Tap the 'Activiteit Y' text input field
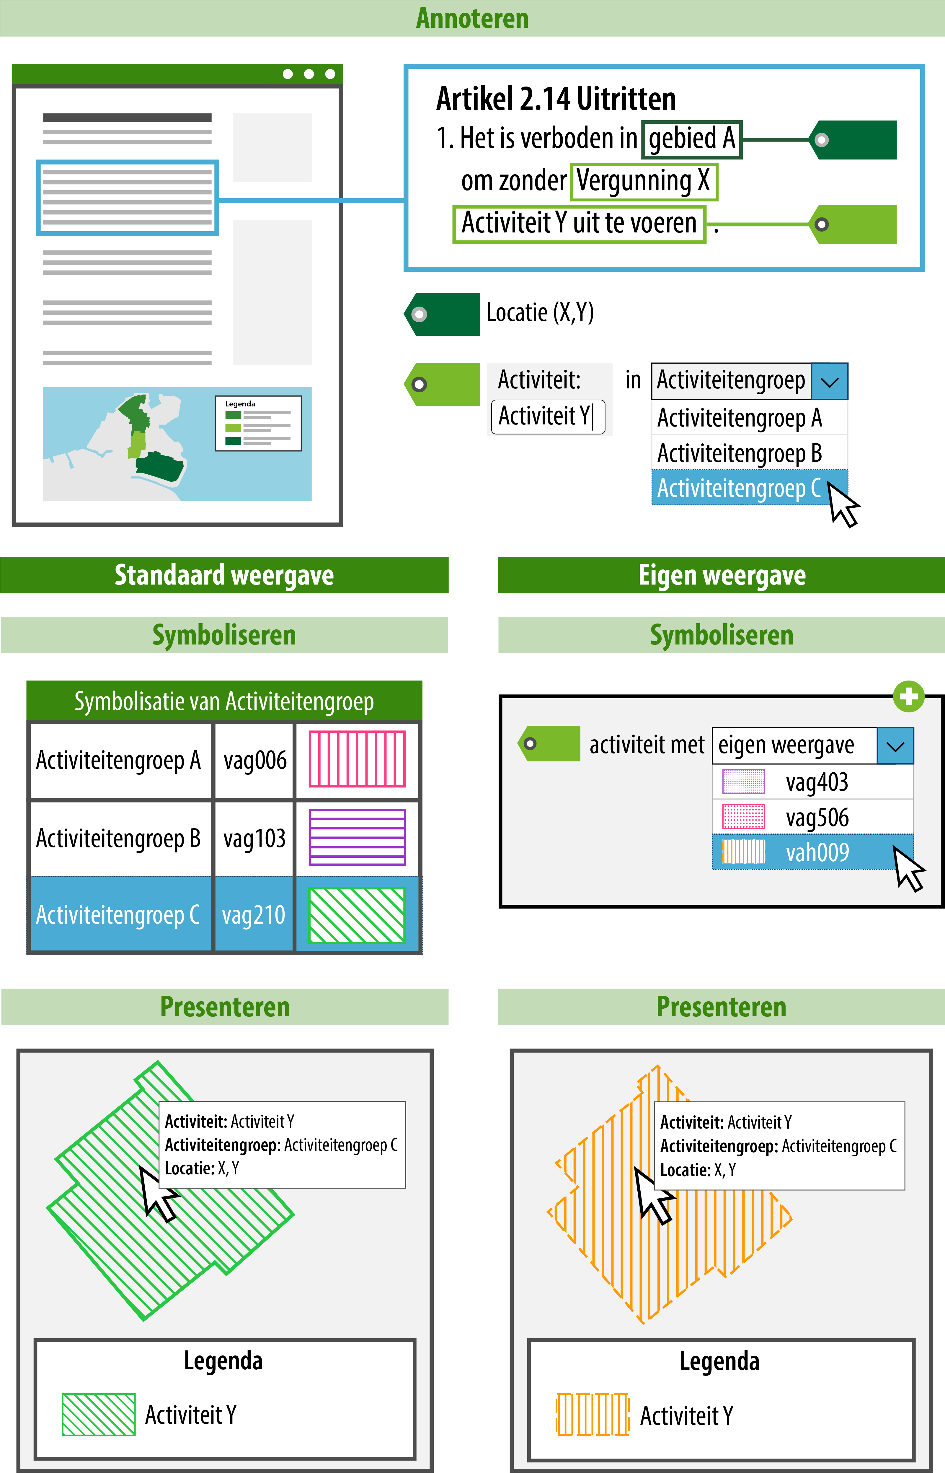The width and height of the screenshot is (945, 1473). pyautogui.click(x=547, y=417)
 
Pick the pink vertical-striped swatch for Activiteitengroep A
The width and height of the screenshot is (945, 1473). pyautogui.click(x=357, y=759)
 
